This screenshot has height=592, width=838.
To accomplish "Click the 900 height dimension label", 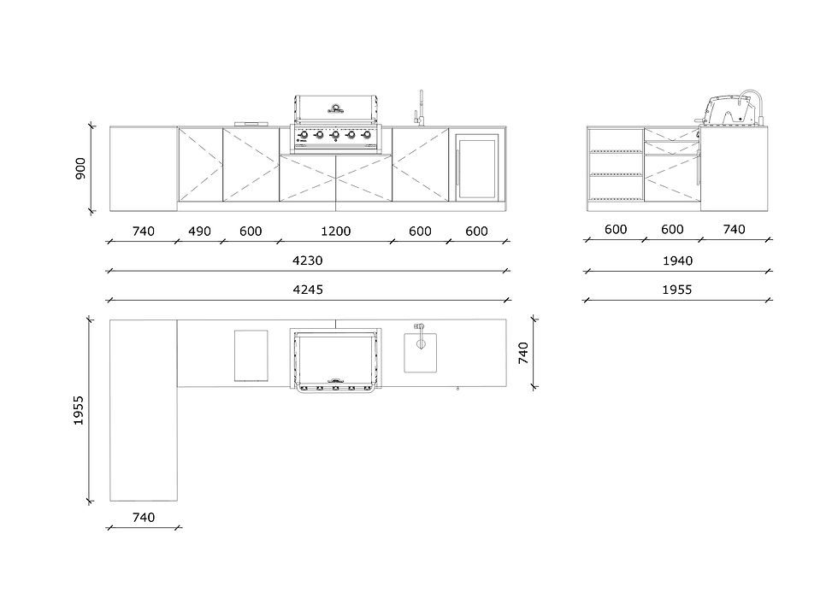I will click(x=80, y=167).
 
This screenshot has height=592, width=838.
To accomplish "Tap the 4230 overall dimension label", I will click(x=308, y=260).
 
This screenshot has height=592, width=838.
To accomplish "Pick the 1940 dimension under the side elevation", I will click(x=677, y=260).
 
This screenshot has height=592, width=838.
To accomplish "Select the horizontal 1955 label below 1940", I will click(x=677, y=289).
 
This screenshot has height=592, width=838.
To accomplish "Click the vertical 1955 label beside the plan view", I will click(x=80, y=410).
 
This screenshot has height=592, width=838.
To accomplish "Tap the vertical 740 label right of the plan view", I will click(x=524, y=352).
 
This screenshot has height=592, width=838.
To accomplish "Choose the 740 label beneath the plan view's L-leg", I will click(x=144, y=517).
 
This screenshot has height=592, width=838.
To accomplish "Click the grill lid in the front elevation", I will click(x=335, y=108).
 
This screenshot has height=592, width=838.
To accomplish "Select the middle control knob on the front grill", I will click(x=335, y=135).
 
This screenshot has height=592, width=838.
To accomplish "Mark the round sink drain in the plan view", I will click(x=421, y=343).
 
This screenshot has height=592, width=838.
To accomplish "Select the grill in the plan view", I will click(x=335, y=359).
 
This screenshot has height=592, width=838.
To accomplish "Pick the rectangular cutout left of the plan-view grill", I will click(x=251, y=355).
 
